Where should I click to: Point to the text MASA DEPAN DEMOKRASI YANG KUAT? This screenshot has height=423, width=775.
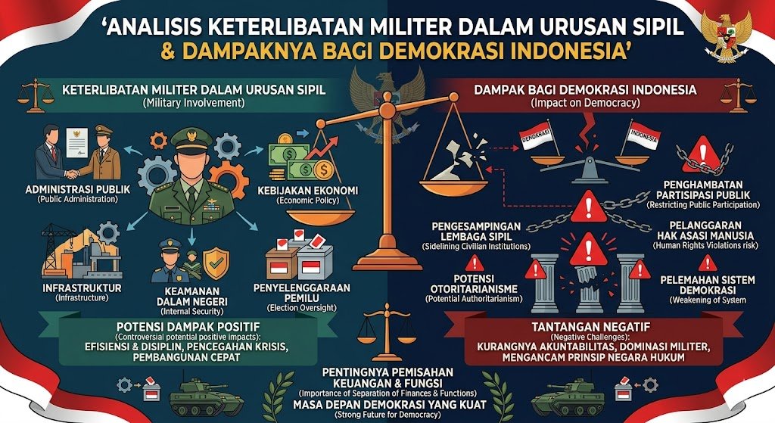pyautogui.click(x=387, y=403)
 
